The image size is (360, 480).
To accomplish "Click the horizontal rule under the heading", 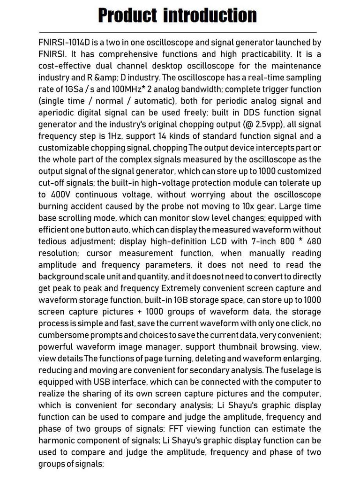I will pyautogui.click(x=180, y=32).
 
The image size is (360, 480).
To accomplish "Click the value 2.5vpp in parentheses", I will pyautogui.click(x=257, y=124).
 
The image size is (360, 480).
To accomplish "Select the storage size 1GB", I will pyautogui.click(x=182, y=300).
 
